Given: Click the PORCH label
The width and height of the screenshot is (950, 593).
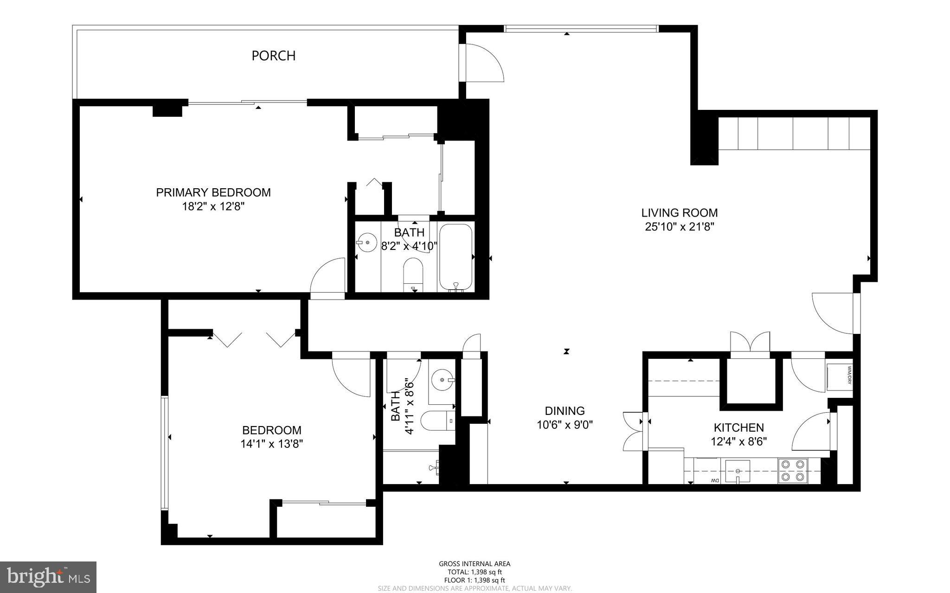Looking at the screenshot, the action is (273, 56).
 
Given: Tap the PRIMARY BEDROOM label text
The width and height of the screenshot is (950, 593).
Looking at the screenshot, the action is (213, 192).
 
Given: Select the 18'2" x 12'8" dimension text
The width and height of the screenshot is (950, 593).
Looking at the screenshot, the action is (213, 206).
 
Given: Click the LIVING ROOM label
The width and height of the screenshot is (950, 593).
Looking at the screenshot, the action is (680, 213).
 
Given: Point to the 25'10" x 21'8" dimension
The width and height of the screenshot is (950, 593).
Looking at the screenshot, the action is (680, 227).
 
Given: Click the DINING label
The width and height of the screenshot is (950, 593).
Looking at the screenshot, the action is (565, 411).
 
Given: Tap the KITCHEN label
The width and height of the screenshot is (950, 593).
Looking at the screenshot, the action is (739, 427).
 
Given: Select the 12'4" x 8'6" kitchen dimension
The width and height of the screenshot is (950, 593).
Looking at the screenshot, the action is (739, 441).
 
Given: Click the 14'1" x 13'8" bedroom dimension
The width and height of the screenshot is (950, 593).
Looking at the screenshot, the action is (272, 444).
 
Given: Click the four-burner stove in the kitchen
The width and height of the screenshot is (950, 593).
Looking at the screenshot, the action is (793, 471).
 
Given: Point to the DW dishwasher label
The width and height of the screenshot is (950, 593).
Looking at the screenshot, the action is (713, 480).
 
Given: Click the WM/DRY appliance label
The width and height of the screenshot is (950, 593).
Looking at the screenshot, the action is (849, 376).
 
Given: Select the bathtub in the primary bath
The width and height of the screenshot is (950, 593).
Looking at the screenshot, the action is (456, 258).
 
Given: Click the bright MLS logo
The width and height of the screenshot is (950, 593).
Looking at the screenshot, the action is (48, 577).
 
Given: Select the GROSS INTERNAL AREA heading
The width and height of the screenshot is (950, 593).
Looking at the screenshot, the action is (475, 564).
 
